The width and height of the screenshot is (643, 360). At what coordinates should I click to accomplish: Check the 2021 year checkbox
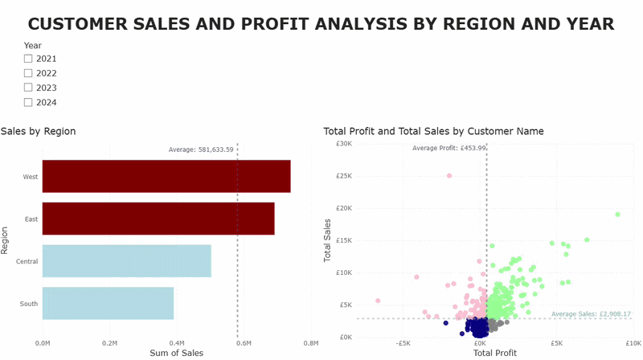click(28, 59)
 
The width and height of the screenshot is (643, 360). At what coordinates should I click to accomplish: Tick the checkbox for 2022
click(28, 73)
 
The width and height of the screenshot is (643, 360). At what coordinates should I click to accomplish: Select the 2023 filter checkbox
click(28, 88)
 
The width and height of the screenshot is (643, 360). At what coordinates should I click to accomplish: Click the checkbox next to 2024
click(28, 102)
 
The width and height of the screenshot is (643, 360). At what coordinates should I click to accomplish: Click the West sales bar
click(166, 176)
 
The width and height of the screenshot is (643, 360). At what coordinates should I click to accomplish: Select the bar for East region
click(158, 219)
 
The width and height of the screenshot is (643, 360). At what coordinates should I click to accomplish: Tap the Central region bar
click(126, 261)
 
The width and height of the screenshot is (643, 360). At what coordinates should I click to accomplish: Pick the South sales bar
click(108, 303)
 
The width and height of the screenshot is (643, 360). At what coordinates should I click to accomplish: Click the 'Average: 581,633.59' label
click(201, 149)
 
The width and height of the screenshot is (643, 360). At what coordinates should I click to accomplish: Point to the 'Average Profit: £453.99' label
click(448, 148)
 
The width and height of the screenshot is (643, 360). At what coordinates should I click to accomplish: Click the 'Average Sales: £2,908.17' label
click(591, 314)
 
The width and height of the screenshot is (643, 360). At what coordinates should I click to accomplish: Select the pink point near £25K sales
click(449, 175)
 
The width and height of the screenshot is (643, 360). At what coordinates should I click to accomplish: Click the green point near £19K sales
click(617, 215)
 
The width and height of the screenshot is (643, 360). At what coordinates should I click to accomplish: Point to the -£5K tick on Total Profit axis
click(403, 342)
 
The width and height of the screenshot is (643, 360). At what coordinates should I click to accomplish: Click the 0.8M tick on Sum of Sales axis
click(311, 343)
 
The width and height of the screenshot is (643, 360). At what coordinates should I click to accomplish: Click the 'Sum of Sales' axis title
click(176, 353)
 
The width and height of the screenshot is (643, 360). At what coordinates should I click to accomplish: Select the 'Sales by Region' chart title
click(38, 131)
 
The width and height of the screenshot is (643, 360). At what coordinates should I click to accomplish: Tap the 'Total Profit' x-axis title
click(496, 353)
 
